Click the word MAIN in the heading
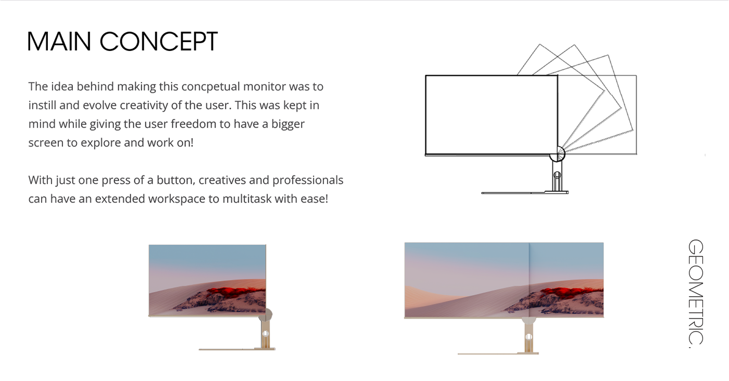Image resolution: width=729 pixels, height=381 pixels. pos(58,42)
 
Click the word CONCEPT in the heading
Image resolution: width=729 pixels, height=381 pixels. pos(158,42)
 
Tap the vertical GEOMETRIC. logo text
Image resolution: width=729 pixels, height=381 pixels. pos(696,291)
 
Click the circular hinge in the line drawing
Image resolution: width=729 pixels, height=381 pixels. pos(558,154)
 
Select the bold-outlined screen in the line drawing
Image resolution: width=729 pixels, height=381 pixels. pos(491,115)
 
